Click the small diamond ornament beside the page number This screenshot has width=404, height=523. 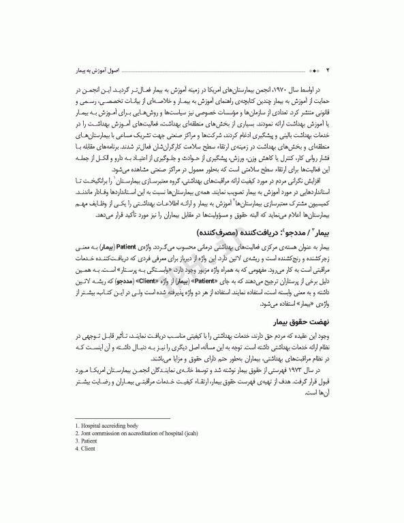click(312, 71)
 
